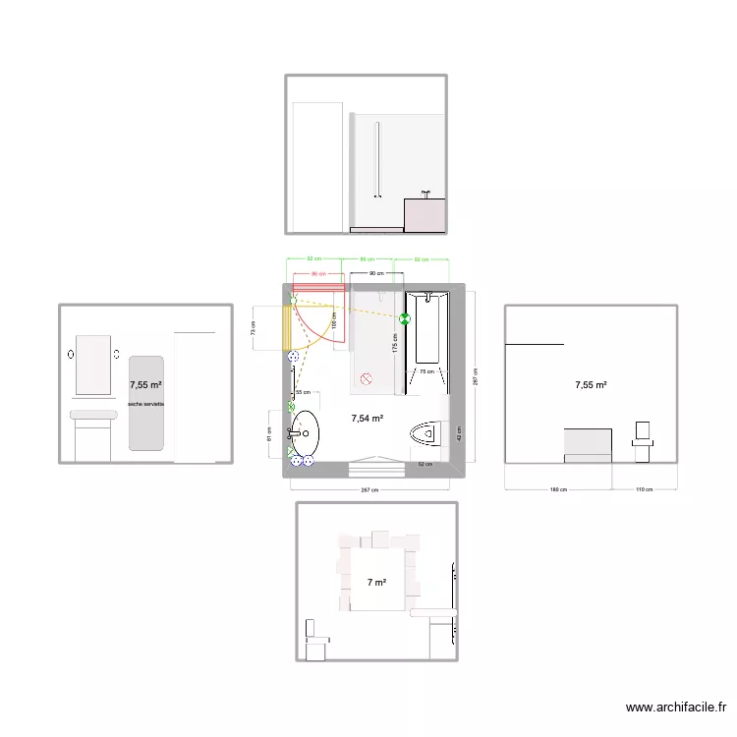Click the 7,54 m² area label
(x=367, y=418)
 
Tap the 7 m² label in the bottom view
(x=376, y=583)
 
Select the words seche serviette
(x=145, y=404)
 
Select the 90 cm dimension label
(x=375, y=273)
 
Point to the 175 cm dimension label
(x=395, y=343)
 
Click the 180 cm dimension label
(x=557, y=489)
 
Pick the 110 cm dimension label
(x=644, y=489)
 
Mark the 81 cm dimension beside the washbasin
(x=271, y=431)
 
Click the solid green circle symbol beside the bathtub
(x=405, y=317)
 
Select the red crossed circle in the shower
(x=366, y=376)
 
